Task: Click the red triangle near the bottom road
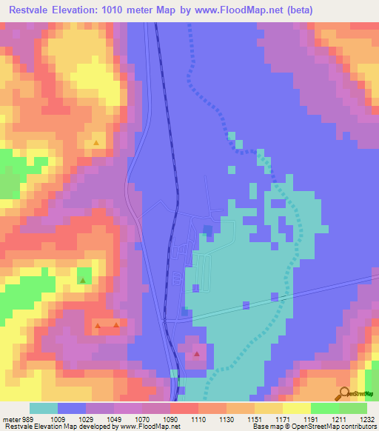click(197, 355)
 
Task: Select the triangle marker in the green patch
click(83, 281)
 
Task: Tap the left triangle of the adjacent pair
click(98, 325)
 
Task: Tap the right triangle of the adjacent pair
click(116, 325)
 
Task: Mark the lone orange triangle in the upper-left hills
click(96, 142)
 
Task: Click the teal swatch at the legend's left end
click(44, 409)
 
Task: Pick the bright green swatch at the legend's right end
click(353, 409)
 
